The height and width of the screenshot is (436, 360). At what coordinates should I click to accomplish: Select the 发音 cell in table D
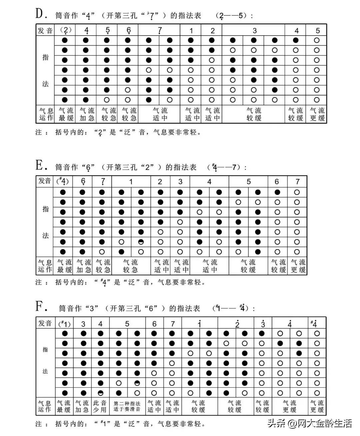(45, 31)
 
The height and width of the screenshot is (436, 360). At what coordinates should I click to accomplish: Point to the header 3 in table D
(254, 31)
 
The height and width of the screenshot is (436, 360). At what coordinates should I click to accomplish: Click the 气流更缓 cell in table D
(317, 114)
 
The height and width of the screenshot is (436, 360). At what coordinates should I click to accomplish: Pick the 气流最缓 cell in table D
(66, 114)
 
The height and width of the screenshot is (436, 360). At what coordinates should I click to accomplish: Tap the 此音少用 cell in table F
(100, 406)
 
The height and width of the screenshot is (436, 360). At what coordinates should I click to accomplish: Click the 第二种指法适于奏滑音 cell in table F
(127, 406)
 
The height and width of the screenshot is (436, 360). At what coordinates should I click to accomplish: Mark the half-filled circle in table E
(141, 242)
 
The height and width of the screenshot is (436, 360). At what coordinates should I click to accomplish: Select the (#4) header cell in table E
(63, 182)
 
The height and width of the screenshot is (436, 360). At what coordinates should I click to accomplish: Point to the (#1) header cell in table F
(64, 323)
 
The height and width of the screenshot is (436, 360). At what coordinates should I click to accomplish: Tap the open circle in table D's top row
(317, 40)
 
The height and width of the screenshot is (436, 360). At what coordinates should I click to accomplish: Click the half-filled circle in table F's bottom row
(101, 393)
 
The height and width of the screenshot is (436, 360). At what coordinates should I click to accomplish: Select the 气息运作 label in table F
(45, 406)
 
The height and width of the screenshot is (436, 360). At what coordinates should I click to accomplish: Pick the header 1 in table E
(131, 182)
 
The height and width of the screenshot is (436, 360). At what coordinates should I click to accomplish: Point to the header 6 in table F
(154, 323)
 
